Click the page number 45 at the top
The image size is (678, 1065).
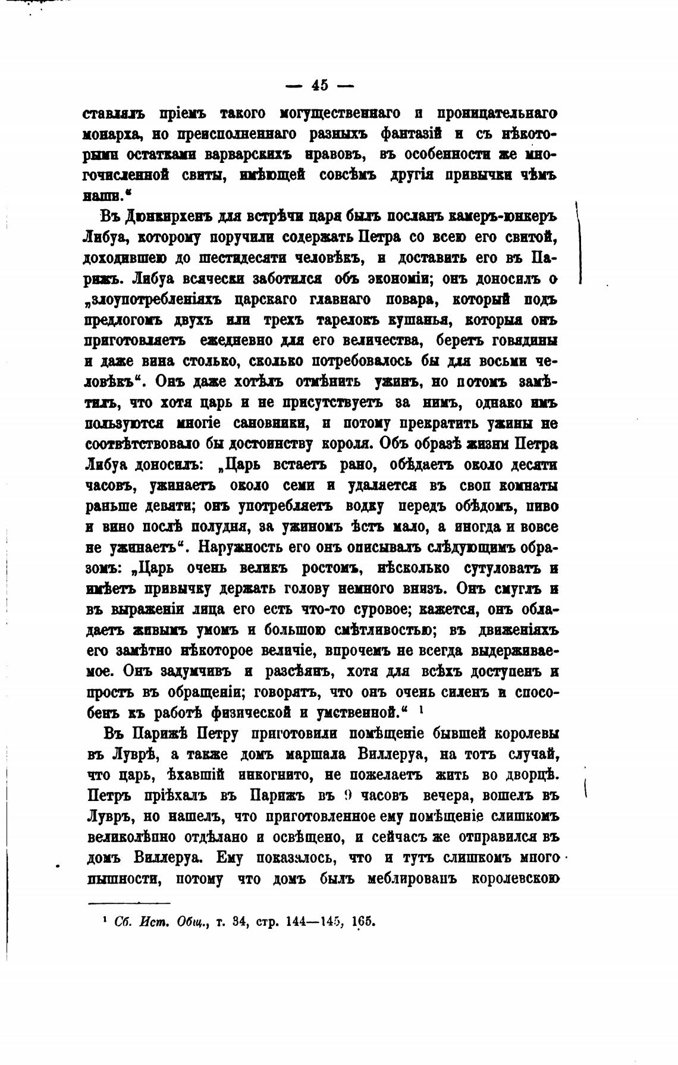tap(319, 85)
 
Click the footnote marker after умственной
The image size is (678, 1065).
tap(420, 709)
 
